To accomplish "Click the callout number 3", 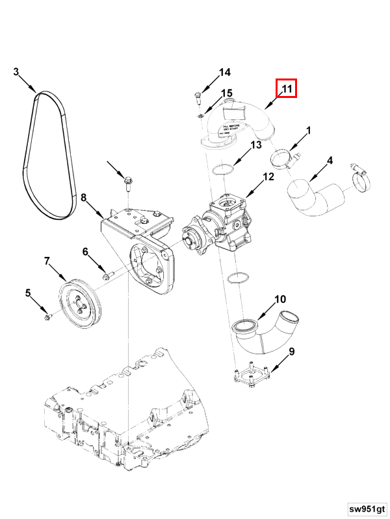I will tap(17, 71).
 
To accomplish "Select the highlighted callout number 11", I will tap(287, 88).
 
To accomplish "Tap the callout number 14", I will tap(224, 72).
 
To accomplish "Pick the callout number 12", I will tap(268, 176).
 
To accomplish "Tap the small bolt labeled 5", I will tap(47, 317).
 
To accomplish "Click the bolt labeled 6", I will tap(107, 276).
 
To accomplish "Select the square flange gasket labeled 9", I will tap(250, 378).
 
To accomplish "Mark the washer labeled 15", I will tap(201, 115).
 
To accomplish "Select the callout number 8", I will tap(83, 197).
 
